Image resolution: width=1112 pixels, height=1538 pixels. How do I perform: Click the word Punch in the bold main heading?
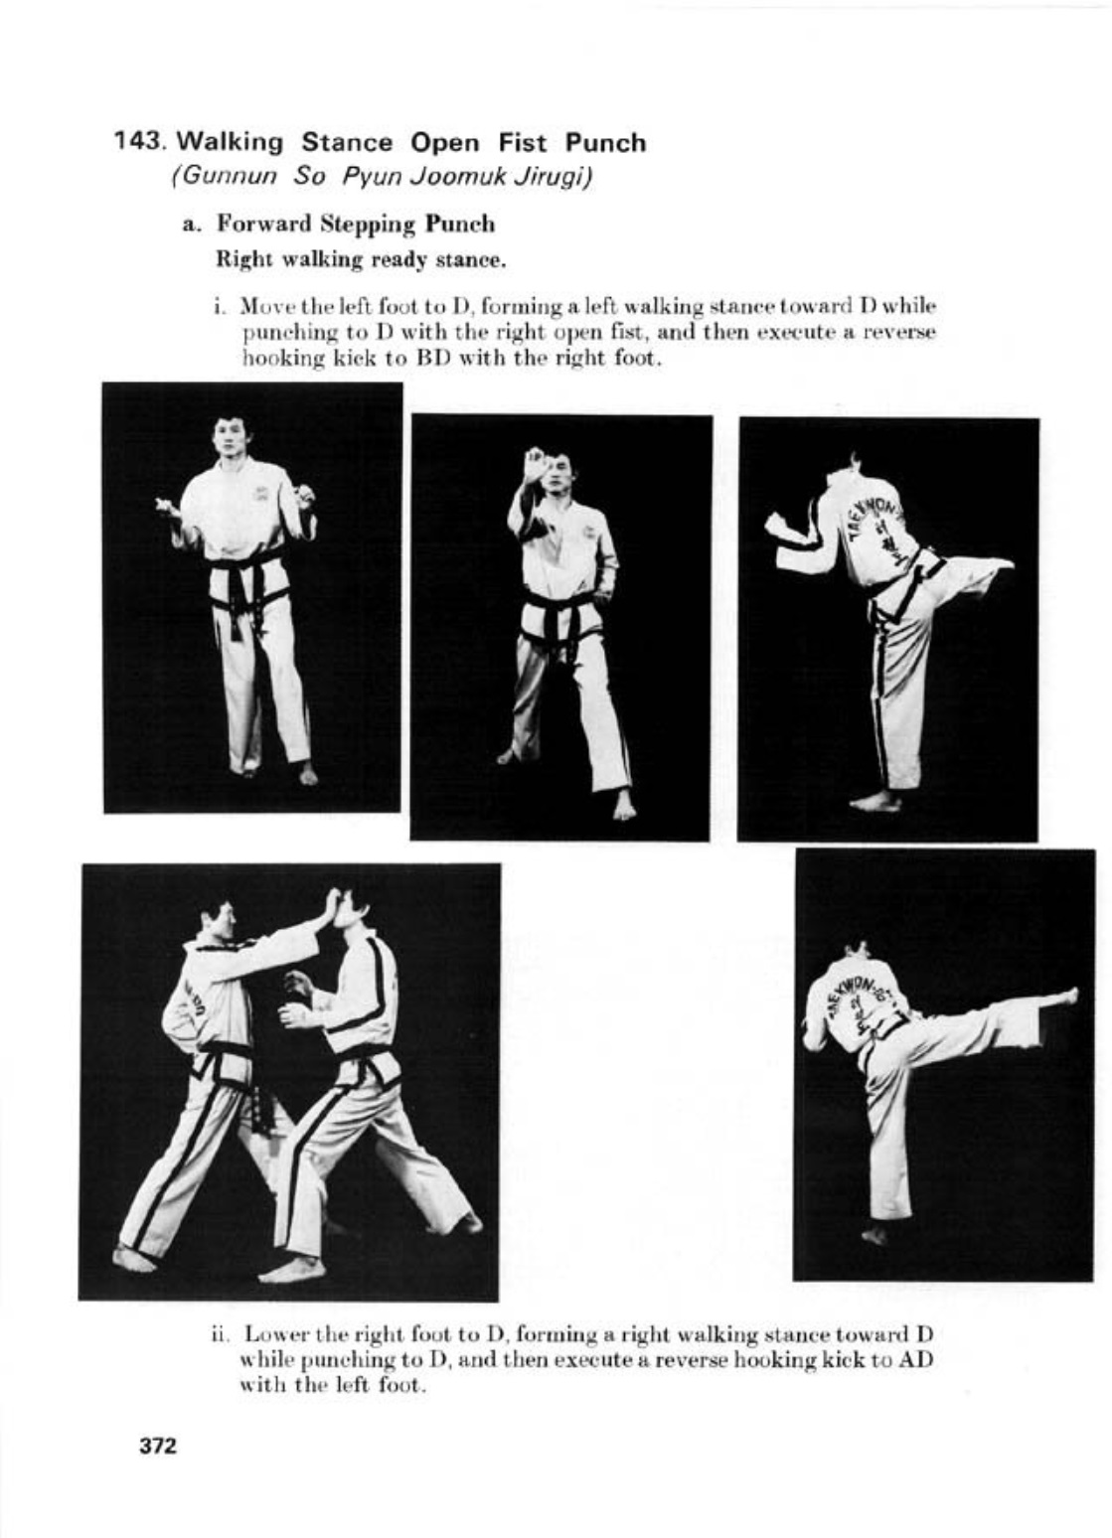606,142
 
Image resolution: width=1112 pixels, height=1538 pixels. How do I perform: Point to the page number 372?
158,1446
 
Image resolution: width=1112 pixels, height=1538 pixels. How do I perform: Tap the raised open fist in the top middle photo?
535,466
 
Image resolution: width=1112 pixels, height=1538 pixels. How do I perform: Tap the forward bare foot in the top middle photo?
623,806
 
